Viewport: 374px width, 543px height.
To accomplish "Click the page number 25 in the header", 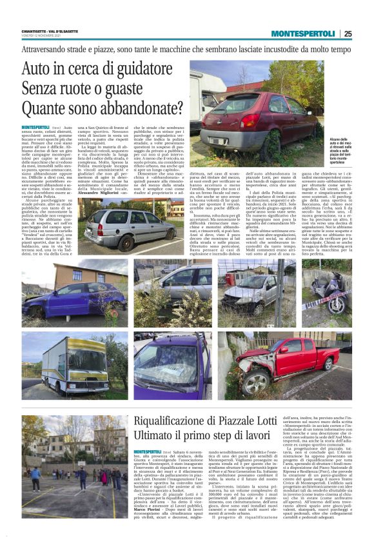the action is (x=348, y=34).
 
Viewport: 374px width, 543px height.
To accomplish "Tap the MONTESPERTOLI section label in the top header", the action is (x=302, y=34).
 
